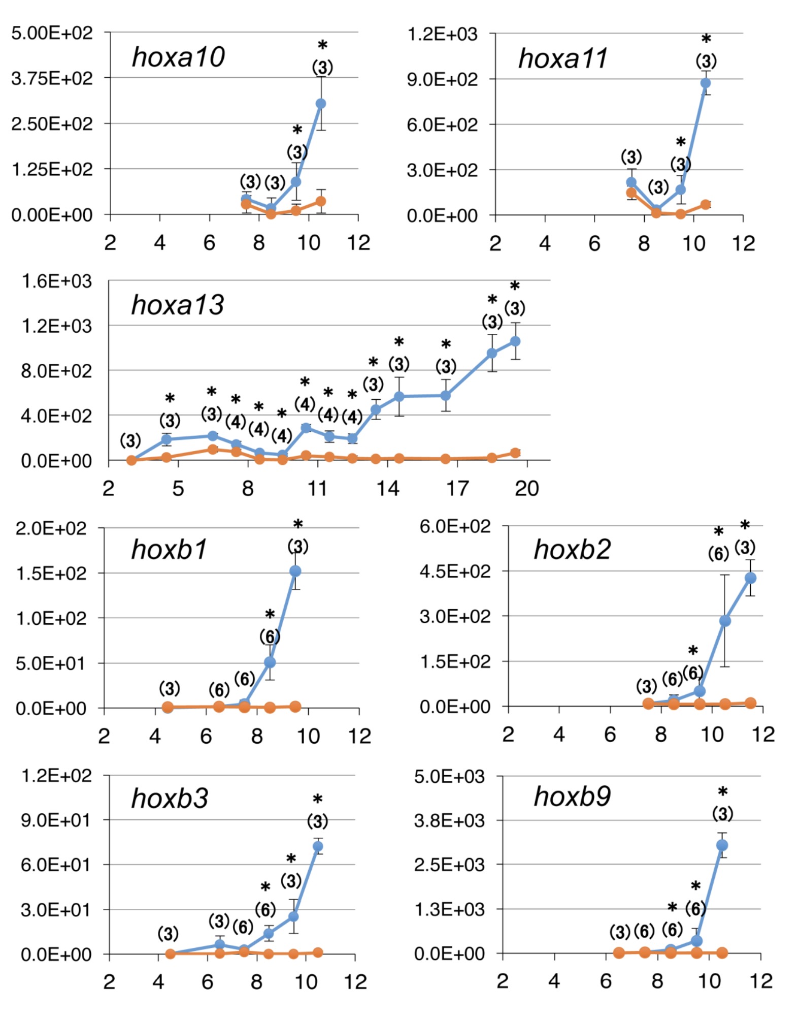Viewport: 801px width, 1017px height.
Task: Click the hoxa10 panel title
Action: (x=178, y=56)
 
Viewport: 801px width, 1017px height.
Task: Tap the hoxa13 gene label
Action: (x=177, y=305)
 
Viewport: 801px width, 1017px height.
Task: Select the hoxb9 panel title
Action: (x=572, y=796)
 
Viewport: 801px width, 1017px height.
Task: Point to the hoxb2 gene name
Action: (x=572, y=549)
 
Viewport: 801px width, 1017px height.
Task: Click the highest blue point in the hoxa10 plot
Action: (x=321, y=104)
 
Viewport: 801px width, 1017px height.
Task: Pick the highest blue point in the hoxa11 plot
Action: (x=705, y=83)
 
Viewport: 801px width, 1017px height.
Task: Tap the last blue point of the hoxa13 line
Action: (x=515, y=341)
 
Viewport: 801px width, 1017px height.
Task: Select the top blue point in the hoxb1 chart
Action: (x=295, y=571)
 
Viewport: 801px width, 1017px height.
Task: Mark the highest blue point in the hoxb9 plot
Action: (x=722, y=845)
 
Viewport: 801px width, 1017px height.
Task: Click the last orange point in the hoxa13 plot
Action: (x=515, y=453)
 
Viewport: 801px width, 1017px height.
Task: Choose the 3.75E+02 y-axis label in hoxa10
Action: (x=52, y=78)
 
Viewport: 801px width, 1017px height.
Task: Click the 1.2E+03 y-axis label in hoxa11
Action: (x=442, y=34)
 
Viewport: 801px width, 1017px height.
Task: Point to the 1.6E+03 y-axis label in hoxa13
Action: (x=56, y=281)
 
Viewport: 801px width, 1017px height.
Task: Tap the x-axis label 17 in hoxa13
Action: (x=457, y=488)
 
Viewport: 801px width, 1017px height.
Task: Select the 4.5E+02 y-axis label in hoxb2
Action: (x=455, y=571)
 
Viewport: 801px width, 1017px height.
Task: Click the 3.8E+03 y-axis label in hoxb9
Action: (x=449, y=820)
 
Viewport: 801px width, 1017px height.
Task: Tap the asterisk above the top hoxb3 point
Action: (x=318, y=800)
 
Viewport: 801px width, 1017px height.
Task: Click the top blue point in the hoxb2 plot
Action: (x=750, y=578)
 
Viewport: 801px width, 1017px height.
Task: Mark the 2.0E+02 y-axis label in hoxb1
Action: (x=51, y=528)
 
